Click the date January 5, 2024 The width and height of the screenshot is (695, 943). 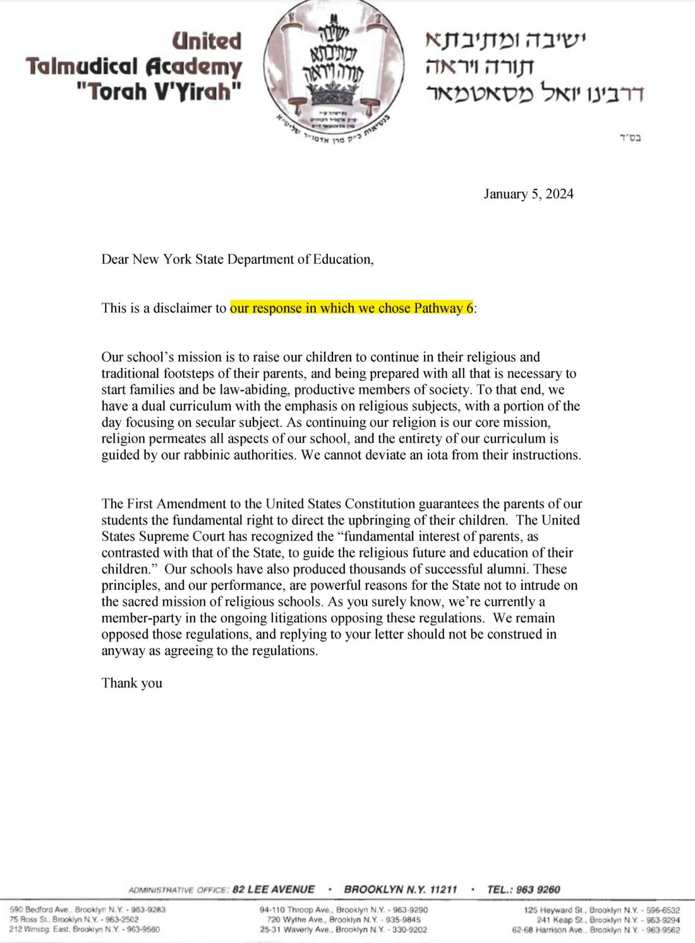point(528,194)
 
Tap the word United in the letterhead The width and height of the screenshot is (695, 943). point(207,41)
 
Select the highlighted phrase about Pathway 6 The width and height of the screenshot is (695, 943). point(351,308)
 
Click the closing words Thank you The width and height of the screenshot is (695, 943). point(131,683)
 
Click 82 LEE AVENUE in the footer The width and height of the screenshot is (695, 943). point(273,889)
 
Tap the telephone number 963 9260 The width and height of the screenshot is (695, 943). point(538,889)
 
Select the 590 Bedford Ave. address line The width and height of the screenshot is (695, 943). point(87,910)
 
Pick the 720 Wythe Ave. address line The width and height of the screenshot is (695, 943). point(343,920)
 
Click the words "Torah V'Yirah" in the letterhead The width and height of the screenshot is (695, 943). point(159,92)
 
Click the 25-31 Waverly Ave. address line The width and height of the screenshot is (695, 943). point(343,930)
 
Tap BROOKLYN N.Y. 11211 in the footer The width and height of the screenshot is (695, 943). point(400,889)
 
